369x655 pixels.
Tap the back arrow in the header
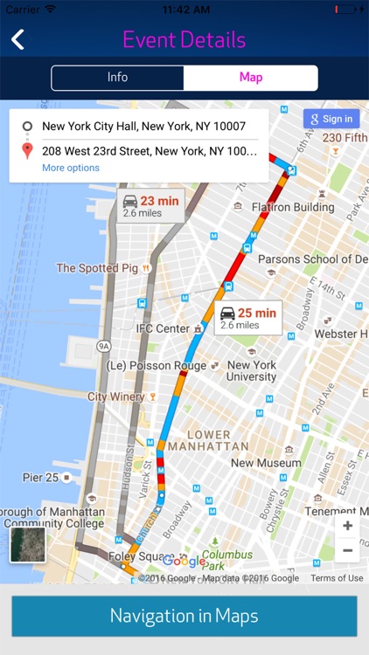click(x=17, y=39)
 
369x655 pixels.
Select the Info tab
click(x=117, y=78)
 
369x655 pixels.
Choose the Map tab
click(x=251, y=78)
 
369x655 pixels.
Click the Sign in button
click(x=331, y=119)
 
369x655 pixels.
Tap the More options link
click(x=71, y=168)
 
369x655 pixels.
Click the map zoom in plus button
click(x=347, y=526)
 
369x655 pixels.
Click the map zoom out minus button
click(x=347, y=550)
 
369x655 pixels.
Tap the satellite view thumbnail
click(x=27, y=544)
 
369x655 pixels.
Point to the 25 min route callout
click(x=248, y=318)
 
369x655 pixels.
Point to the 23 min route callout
click(x=151, y=206)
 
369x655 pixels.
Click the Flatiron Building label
click(x=293, y=207)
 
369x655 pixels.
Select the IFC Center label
click(x=163, y=328)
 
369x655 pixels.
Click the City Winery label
click(x=116, y=396)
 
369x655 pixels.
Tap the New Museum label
click(x=267, y=463)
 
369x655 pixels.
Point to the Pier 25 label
click(x=40, y=478)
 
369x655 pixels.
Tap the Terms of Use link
click(x=337, y=578)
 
